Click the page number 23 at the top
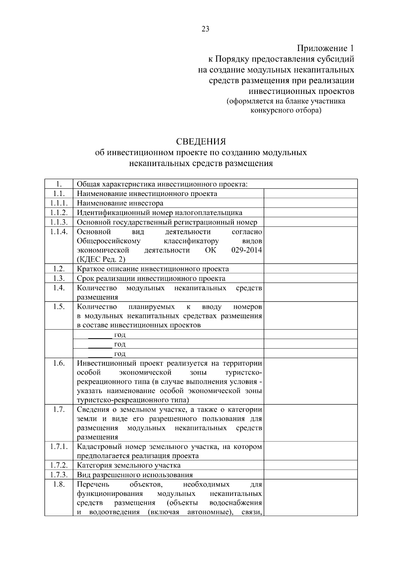coord(205,29)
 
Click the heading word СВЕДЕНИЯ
coord(200,141)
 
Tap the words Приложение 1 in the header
coord(326,48)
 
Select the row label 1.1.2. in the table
coord(59,213)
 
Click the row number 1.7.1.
coord(59,447)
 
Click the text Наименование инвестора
coord(120,203)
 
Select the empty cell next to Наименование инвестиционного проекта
coord(310,193)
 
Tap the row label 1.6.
coord(59,363)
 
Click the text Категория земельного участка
coord(129,465)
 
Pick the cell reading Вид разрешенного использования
coord(135,475)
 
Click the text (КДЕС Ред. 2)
coord(101,259)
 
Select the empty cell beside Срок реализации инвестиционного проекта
coord(310,278)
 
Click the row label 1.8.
coord(59,485)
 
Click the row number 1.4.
coord(59,288)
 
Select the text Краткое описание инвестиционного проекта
coord(153,269)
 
